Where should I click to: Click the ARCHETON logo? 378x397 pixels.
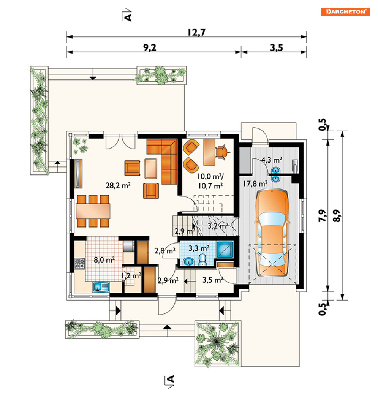click(x=346, y=12)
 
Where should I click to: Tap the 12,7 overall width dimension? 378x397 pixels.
click(x=196, y=32)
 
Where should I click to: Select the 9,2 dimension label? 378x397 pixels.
click(x=150, y=47)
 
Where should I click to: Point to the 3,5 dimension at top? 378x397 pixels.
click(x=276, y=47)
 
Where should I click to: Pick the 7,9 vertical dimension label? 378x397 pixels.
click(x=322, y=216)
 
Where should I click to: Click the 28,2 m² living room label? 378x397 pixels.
click(x=118, y=185)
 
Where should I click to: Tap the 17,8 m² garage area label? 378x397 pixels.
click(x=255, y=183)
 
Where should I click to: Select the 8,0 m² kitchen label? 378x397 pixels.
click(x=104, y=260)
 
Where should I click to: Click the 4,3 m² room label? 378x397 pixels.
click(x=272, y=160)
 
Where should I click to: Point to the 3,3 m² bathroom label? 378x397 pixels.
click(x=199, y=248)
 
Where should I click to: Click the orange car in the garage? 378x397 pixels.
click(x=272, y=233)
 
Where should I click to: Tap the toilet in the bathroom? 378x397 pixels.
click(x=202, y=260)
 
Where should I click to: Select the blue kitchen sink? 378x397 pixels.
click(x=101, y=287)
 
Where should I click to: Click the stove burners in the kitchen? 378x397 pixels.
click(x=80, y=263)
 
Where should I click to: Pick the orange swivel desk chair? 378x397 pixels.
click(x=222, y=152)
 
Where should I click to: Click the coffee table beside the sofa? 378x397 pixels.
click(x=151, y=169)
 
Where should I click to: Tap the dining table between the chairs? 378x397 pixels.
click(x=93, y=211)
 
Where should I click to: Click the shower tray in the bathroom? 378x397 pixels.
click(x=225, y=250)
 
